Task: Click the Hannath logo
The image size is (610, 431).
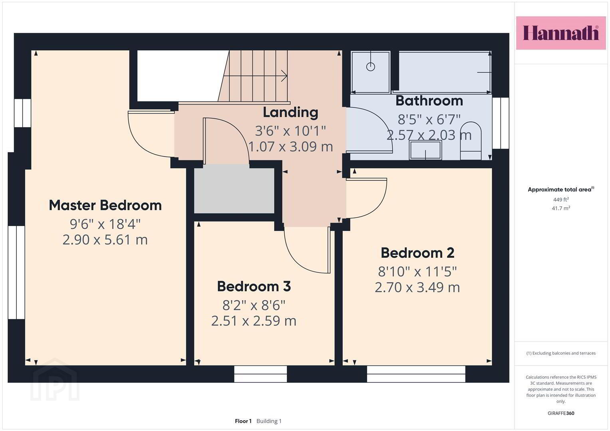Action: (561, 33)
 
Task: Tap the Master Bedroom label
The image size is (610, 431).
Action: (105, 205)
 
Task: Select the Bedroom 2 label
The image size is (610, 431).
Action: (417, 253)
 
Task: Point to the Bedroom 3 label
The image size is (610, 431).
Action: (254, 286)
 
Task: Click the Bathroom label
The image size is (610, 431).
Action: (429, 101)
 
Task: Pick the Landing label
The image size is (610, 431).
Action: (290, 113)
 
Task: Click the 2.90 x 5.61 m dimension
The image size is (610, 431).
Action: (105, 240)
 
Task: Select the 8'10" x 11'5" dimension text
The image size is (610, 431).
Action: (417, 271)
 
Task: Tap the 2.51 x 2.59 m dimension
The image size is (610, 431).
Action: (254, 321)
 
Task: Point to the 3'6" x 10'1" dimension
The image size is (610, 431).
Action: (290, 131)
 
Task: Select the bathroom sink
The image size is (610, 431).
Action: (425, 150)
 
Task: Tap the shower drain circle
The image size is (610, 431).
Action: (371, 67)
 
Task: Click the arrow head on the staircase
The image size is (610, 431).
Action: (284, 76)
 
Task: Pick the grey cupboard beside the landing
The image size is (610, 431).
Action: (234, 191)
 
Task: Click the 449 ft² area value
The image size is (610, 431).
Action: (561, 200)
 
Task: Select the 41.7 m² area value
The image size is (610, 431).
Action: (561, 208)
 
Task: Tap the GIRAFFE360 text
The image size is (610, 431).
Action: (561, 413)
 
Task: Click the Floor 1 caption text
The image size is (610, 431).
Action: (243, 421)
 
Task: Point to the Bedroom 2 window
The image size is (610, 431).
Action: (416, 374)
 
